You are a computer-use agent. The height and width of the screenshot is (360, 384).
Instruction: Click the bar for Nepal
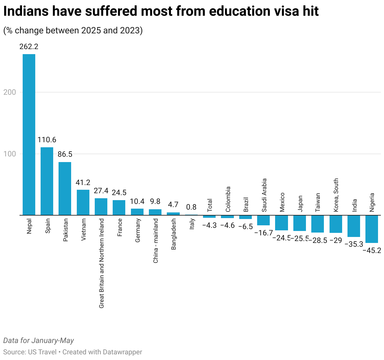(29, 135)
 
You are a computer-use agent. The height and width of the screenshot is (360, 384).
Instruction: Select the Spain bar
(47, 181)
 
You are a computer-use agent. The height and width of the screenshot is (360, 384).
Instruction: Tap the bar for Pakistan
(65, 188)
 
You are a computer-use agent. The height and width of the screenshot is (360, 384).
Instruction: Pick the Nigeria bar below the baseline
(372, 229)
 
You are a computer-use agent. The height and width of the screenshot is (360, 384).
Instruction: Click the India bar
(354, 226)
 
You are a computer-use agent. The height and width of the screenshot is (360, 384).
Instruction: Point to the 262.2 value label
(29, 47)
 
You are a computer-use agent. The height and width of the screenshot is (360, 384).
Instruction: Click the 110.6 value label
(47, 140)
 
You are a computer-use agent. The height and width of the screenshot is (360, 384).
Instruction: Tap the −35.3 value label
(354, 244)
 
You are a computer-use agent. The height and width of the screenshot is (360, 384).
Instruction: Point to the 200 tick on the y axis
(9, 92)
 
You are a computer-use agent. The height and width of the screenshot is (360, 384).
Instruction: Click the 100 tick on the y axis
(9, 154)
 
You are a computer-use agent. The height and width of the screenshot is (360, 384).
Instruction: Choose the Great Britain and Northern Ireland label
(101, 263)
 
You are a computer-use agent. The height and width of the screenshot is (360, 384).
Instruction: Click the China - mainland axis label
(155, 241)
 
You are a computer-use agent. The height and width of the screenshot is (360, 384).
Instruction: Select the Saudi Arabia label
(264, 195)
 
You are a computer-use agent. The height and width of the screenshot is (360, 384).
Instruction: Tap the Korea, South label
(336, 195)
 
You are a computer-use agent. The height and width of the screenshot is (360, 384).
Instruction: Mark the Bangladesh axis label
(173, 234)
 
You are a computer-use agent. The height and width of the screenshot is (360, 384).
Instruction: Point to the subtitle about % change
(73, 31)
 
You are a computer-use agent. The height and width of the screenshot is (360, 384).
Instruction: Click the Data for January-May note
(38, 340)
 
